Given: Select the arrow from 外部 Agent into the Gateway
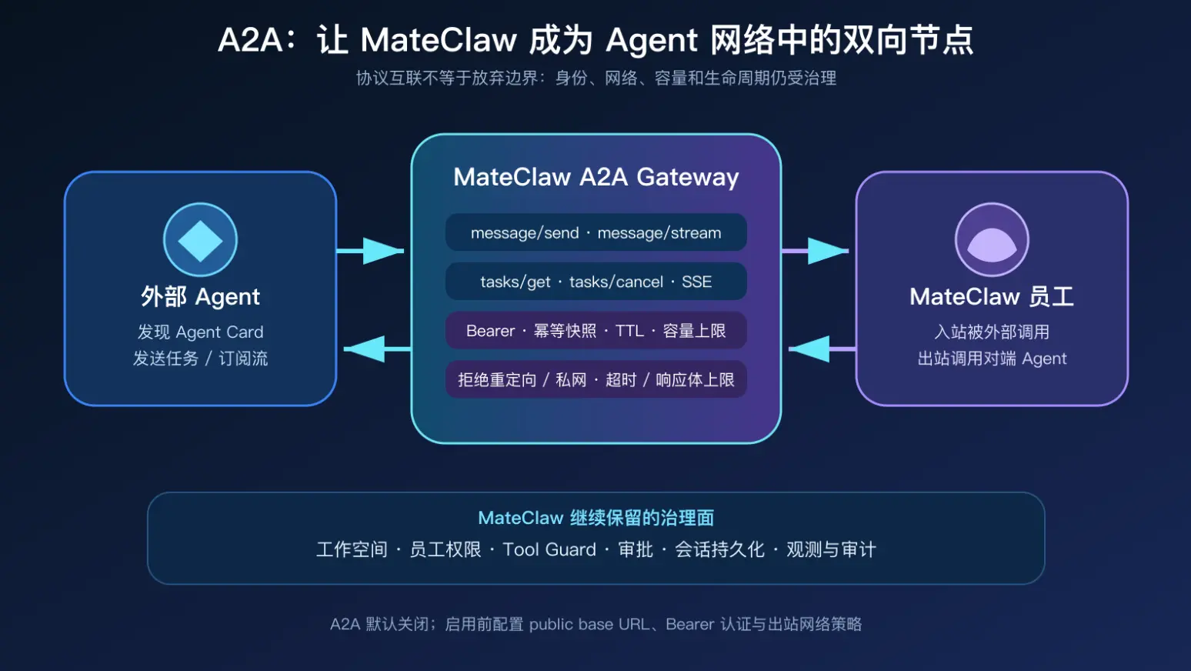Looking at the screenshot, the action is (371, 250).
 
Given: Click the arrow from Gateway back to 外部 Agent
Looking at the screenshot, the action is (377, 349).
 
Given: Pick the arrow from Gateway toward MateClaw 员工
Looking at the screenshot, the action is (815, 250).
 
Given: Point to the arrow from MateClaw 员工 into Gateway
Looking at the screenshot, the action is (822, 349).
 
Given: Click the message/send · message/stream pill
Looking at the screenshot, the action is (596, 232).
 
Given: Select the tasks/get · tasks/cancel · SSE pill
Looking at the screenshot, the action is (596, 282).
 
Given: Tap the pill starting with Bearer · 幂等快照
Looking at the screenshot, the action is (596, 331).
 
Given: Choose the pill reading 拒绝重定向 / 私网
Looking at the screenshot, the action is (596, 379).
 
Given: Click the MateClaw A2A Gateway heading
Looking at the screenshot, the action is (596, 177).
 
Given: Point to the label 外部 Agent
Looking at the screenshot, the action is (201, 297).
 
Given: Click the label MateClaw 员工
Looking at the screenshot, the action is (992, 297).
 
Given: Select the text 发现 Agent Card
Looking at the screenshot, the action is (201, 332).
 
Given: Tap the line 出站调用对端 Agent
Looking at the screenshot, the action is (992, 359).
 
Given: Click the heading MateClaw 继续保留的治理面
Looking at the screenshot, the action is (596, 518).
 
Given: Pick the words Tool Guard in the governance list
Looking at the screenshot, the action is (549, 549).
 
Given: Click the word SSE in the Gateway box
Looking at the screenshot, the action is (696, 282).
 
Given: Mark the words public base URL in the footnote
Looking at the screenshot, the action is (589, 624).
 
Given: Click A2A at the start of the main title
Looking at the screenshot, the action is (250, 41).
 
